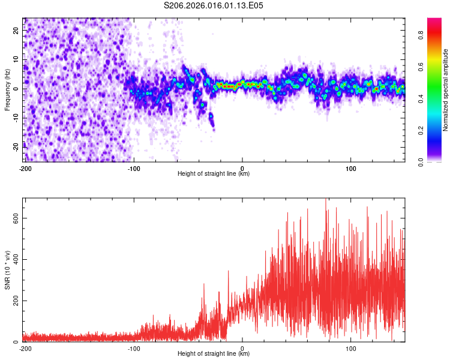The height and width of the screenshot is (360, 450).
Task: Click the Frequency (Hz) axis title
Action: (7, 89)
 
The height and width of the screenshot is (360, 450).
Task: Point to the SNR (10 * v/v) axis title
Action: (7, 270)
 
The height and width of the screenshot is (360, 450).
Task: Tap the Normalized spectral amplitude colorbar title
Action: (446, 90)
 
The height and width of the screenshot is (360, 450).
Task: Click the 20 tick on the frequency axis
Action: (16, 31)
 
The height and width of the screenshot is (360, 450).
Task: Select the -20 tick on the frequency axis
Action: (15, 146)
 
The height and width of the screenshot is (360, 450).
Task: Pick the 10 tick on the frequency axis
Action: (16, 60)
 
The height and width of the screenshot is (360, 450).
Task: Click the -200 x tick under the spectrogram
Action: (25, 168)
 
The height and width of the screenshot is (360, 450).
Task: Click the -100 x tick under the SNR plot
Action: (133, 348)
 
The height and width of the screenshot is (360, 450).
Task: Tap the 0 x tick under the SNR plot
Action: (242, 348)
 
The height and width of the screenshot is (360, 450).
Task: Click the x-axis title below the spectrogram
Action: (214, 174)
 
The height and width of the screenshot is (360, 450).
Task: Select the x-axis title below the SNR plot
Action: (214, 354)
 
